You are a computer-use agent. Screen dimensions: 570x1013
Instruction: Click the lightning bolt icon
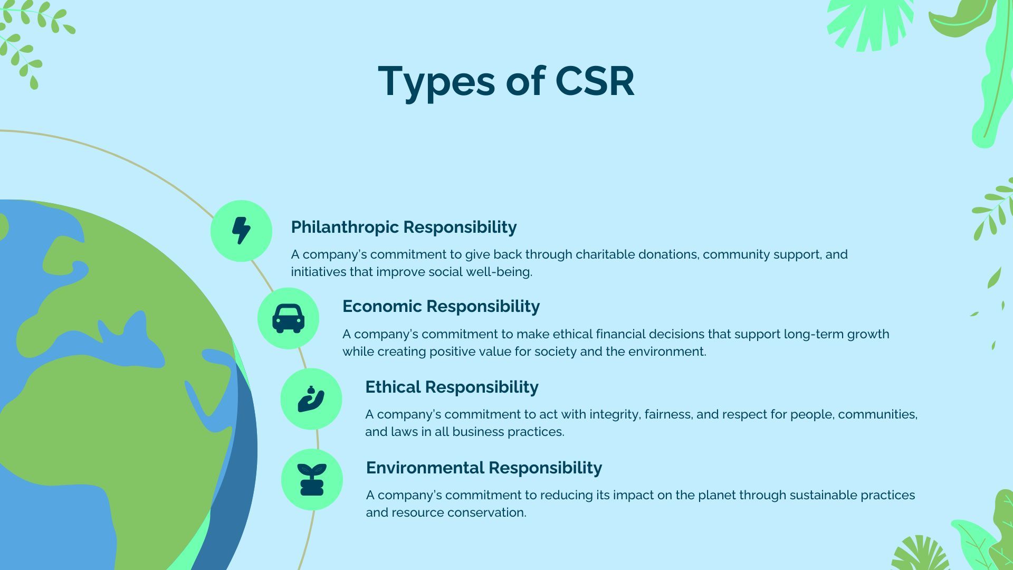click(241, 231)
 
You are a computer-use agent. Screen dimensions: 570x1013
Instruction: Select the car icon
click(288, 318)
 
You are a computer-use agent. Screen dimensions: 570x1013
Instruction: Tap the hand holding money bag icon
click(311, 399)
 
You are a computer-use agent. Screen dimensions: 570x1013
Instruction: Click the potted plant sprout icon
click(312, 480)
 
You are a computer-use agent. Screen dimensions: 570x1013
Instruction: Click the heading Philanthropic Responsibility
click(404, 227)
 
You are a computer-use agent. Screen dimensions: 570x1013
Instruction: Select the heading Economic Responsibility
click(441, 306)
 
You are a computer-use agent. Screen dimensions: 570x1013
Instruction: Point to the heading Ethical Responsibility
click(452, 387)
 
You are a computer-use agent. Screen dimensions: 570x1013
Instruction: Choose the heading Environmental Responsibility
click(484, 468)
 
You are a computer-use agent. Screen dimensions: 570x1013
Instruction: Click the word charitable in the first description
click(605, 254)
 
